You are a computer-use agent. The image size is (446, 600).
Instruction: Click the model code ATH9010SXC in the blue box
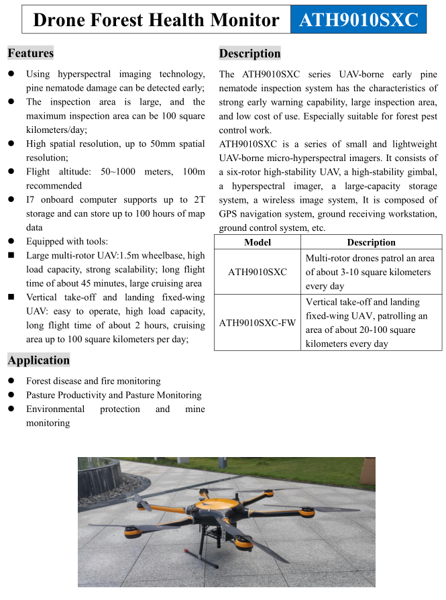pos(358,20)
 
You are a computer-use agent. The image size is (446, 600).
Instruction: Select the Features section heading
pos(31,53)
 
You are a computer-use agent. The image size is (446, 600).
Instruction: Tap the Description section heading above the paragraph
pos(250,54)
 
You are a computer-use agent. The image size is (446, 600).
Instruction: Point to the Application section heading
pos(39,360)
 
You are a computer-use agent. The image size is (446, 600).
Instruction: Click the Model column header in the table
pos(258,242)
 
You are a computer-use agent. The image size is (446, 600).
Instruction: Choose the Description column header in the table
pos(371,242)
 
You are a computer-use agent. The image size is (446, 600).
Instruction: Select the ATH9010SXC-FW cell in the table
pos(258,323)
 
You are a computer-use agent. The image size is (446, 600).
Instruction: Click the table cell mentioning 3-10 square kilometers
pos(371,272)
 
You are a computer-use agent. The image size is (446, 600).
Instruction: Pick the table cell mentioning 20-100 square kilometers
pos(371,323)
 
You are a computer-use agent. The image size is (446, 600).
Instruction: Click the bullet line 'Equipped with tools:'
pos(66,242)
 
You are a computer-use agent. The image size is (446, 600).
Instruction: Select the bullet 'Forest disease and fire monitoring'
pos(93,381)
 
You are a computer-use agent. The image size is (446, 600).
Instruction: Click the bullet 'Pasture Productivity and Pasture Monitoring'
pos(113,395)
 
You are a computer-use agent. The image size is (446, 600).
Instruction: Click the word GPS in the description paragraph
pos(229,214)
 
